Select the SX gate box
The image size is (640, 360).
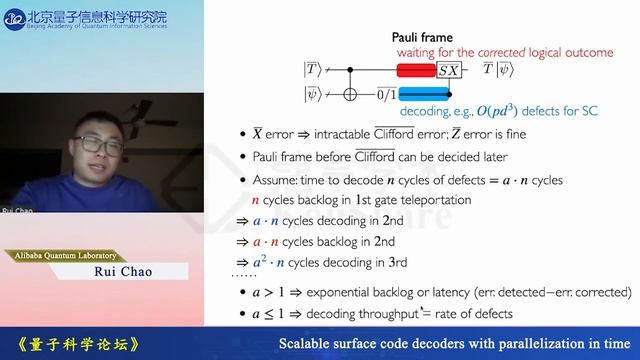point(449,70)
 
